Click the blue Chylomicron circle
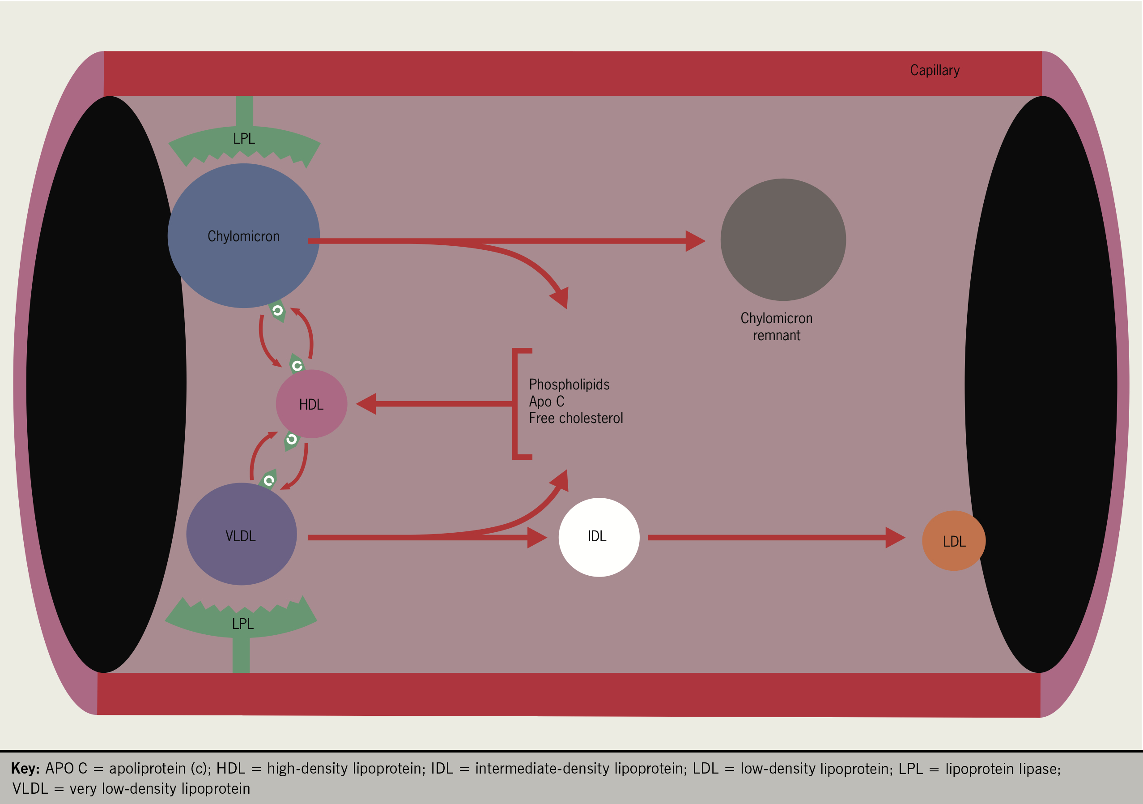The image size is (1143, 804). tap(243, 235)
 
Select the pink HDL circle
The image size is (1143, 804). tap(311, 404)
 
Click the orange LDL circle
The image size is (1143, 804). tap(953, 541)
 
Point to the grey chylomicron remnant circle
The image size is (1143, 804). tap(782, 239)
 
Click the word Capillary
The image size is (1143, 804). tap(935, 71)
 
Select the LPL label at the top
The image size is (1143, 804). tap(244, 138)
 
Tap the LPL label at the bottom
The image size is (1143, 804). tap(243, 624)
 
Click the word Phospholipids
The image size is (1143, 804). tap(569, 385)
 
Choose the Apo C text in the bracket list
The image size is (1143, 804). tap(546, 402)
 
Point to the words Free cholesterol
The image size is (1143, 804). tap(575, 419)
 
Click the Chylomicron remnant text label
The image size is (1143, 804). tap(776, 327)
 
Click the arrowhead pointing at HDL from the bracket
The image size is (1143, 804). tap(366, 403)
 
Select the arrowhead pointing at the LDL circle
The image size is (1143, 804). tap(895, 538)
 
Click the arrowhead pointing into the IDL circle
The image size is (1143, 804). tap(537, 538)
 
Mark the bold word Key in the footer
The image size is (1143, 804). tap(25, 769)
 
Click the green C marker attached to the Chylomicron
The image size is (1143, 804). tap(277, 311)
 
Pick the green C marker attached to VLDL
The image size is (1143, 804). tap(269, 481)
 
